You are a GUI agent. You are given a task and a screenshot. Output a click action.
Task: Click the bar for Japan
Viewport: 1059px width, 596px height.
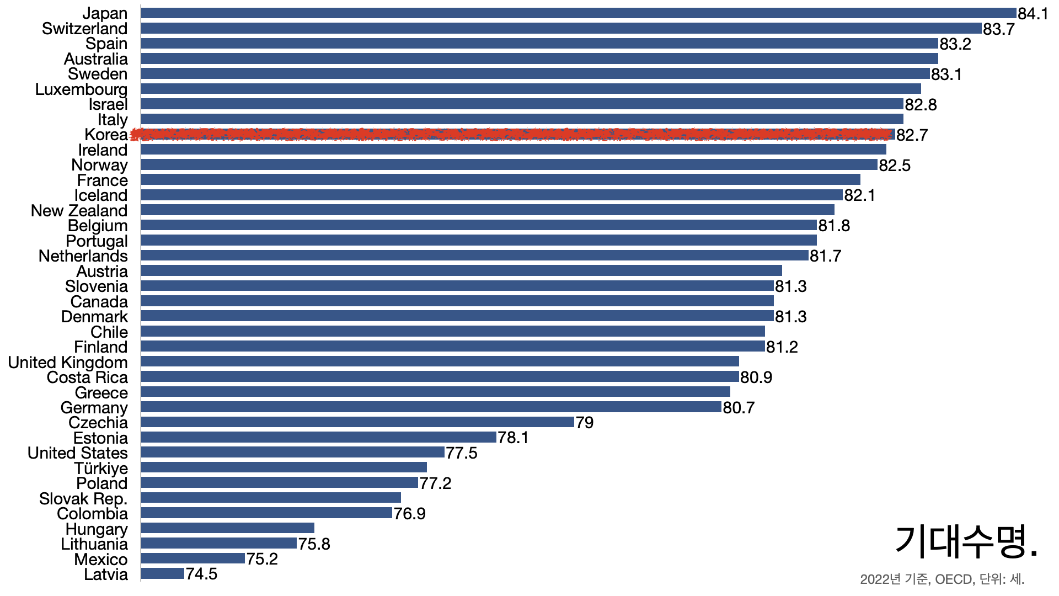[x=578, y=13]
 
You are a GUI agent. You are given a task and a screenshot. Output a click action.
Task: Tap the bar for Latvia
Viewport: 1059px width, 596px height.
[x=163, y=574]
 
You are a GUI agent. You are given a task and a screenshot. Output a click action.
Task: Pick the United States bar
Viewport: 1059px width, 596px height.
[x=292, y=453]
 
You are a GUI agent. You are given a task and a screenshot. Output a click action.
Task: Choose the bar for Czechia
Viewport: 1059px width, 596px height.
[x=357, y=422]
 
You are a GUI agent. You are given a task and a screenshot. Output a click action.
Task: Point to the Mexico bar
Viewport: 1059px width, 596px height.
[x=193, y=558]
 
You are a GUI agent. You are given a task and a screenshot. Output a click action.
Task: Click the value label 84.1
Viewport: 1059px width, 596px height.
[x=1033, y=14]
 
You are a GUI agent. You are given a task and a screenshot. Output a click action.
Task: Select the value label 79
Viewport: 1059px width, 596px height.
[x=585, y=423]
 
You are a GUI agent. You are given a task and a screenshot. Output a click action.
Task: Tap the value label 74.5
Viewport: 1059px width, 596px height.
[x=201, y=574]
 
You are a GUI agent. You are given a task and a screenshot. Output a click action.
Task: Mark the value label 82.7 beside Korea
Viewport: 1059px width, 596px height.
[x=912, y=135]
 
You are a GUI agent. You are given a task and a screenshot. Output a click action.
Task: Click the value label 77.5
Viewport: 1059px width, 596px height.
[x=462, y=453]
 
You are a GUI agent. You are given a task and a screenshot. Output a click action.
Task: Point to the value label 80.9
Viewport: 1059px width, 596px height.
[x=756, y=377]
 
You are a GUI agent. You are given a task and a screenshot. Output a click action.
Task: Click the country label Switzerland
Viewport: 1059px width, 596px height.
[x=84, y=29]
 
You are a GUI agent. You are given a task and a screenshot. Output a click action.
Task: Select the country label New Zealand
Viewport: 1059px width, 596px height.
[x=79, y=211]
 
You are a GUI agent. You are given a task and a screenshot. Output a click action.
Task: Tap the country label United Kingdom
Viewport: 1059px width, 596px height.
[x=68, y=363]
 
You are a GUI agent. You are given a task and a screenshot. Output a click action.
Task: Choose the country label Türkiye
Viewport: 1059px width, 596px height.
[x=101, y=469]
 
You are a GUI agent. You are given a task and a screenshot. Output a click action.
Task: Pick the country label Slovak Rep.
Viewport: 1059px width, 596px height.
[x=83, y=499]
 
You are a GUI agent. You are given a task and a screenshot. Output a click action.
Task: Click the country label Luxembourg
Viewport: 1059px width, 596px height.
[x=81, y=89]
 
